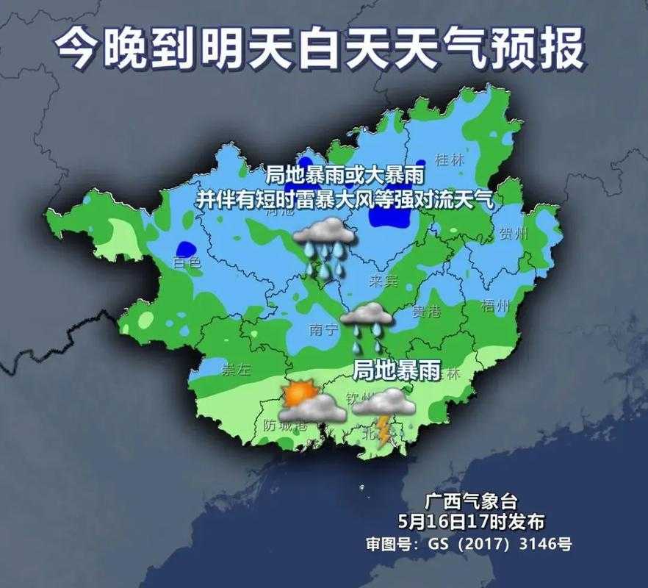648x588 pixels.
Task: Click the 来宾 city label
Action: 384,282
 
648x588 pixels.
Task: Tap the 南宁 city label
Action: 325,330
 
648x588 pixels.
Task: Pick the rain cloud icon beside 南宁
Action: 367,326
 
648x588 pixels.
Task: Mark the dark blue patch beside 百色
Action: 185,248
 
